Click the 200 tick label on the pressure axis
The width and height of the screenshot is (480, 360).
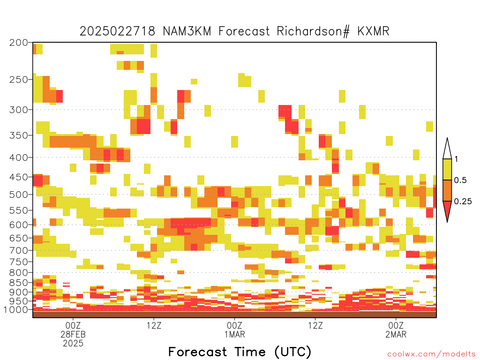[19, 43]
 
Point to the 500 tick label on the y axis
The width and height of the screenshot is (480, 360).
[19, 195]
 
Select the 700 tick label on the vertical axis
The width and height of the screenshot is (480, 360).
[19, 250]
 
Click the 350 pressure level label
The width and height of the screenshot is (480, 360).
[19, 135]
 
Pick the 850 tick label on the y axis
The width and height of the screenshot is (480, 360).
[19, 283]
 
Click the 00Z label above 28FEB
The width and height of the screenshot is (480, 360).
[73, 325]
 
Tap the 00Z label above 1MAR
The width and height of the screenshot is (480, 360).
[234, 325]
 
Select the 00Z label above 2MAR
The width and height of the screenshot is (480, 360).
[396, 325]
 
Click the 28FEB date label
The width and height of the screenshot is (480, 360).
[73, 334]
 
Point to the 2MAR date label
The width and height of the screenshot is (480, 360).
[396, 334]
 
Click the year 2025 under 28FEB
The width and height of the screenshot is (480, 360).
[73, 344]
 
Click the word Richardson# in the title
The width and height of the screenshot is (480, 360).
[313, 31]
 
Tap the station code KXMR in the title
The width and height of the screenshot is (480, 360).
[373, 31]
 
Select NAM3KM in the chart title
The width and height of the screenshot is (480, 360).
[187, 31]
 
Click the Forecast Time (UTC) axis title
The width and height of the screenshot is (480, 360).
[240, 352]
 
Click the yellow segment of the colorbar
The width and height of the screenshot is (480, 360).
[447, 169]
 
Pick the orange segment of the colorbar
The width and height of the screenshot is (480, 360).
[447, 190]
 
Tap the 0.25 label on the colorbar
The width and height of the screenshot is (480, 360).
[463, 201]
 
